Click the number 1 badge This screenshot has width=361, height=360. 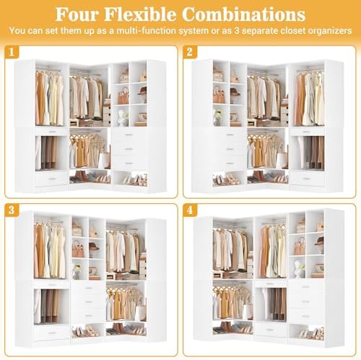tap(12, 52)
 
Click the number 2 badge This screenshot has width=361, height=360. tap(190, 52)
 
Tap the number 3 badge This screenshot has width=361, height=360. tap(12, 210)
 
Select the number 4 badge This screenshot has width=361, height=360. tap(190, 210)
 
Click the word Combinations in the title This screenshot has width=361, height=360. tap(243, 14)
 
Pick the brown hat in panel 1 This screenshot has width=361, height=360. tap(142, 92)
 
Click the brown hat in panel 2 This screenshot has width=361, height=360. tap(235, 93)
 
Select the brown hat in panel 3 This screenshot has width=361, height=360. tap(94, 247)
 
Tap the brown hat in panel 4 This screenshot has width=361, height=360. tap(319, 241)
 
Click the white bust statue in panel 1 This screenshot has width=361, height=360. tap(123, 118)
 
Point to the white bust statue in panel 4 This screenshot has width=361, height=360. tap(299, 268)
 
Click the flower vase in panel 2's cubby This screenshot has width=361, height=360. tap(218, 117)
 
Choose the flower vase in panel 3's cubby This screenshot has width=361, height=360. tap(77, 271)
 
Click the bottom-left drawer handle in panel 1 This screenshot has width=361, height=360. tap(51, 179)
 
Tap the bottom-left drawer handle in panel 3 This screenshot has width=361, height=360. tap(51, 333)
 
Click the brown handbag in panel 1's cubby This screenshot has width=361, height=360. tap(123, 95)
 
